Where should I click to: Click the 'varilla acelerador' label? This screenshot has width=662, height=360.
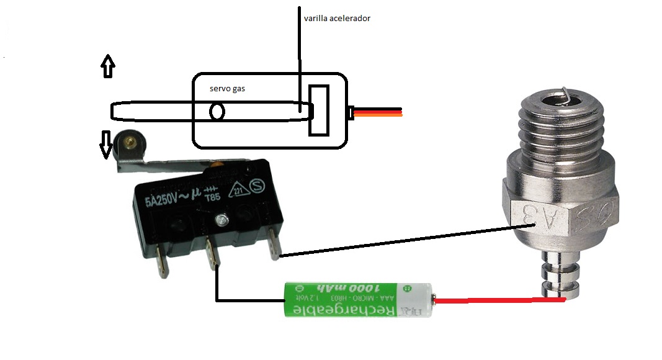(x=337, y=19)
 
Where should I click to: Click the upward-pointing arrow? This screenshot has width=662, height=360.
(x=108, y=65)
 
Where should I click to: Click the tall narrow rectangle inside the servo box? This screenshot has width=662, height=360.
(x=319, y=110)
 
